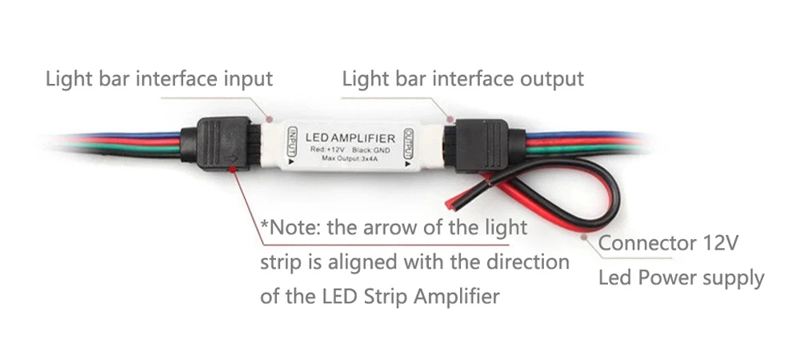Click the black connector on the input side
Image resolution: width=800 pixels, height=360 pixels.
[218, 144]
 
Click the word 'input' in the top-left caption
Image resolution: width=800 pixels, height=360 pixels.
[246, 79]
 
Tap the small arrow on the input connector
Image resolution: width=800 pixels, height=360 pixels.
[232, 167]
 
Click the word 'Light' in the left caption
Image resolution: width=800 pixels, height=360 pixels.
[66, 79]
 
